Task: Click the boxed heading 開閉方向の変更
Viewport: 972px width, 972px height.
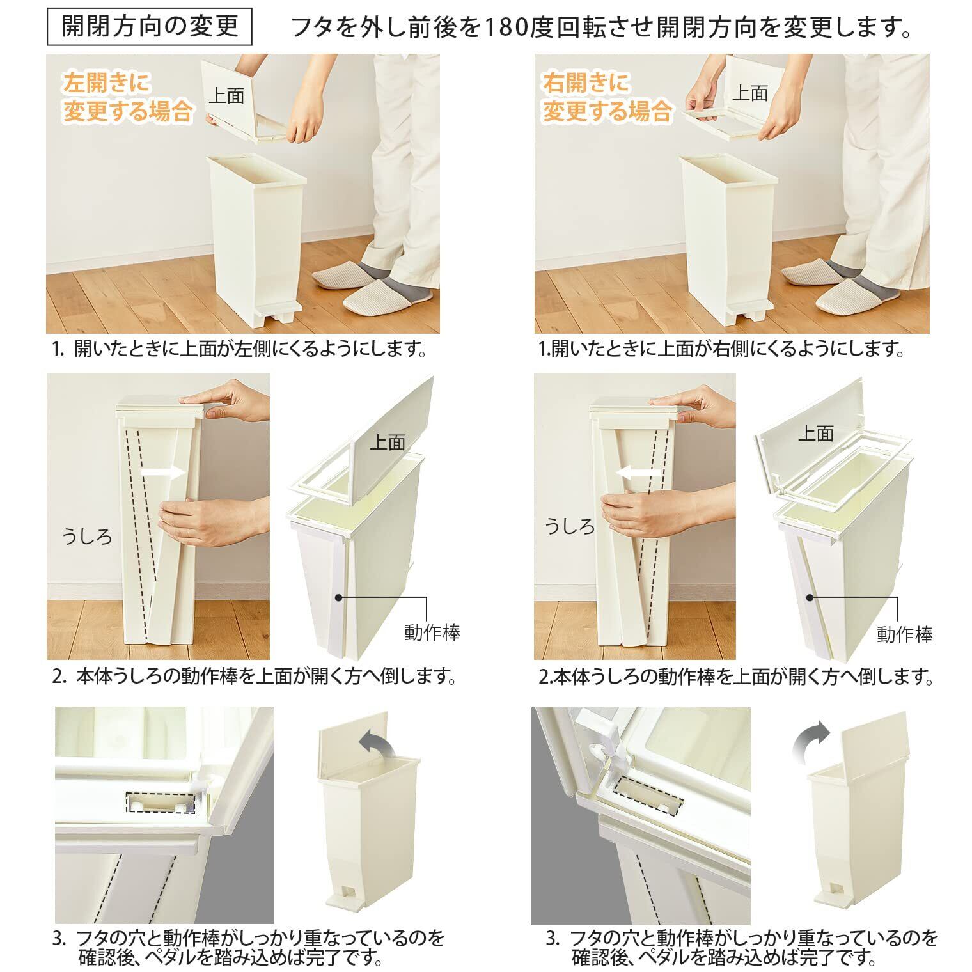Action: [150, 26]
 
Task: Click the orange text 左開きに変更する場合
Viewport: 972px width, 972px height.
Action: [128, 97]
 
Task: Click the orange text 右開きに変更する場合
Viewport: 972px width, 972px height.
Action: [607, 97]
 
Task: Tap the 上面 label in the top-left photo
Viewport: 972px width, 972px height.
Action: [226, 95]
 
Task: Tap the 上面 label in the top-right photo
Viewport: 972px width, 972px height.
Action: [749, 93]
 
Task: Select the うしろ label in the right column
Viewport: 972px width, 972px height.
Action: [570, 526]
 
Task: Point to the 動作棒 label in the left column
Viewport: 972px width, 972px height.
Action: [432, 633]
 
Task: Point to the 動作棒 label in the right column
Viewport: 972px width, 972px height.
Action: [905, 634]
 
